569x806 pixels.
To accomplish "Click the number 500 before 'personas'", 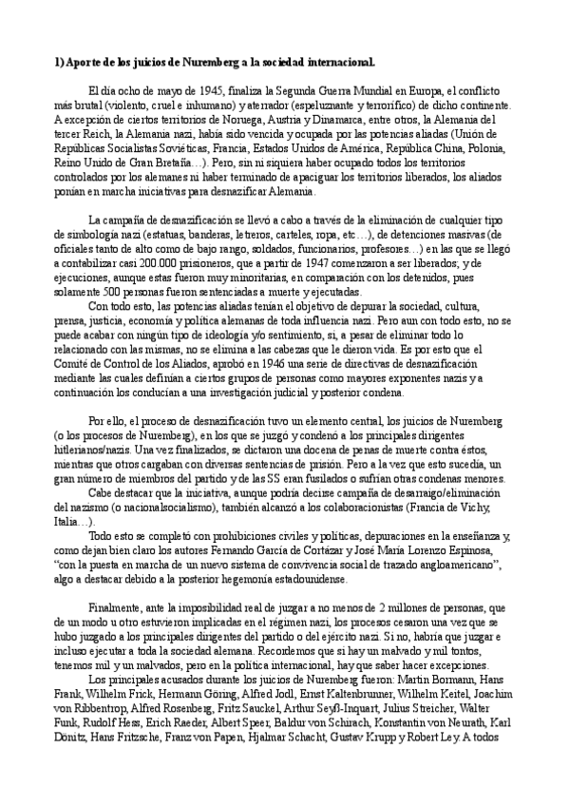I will [x=111, y=292].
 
